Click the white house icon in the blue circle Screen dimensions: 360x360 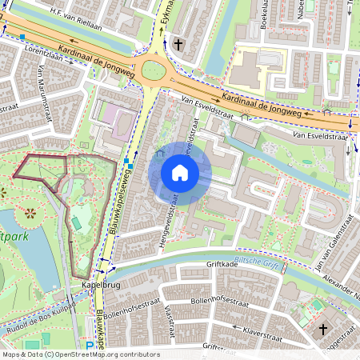(x=180, y=173)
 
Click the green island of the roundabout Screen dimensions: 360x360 (x=152, y=71)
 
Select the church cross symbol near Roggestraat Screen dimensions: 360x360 (x=323, y=329)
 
